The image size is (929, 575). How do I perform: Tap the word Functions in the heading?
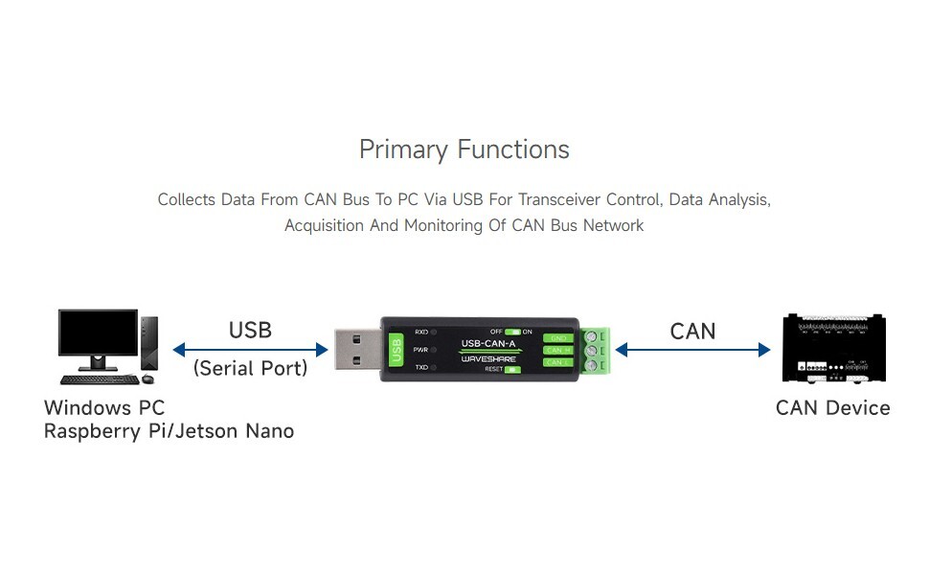pos(513,149)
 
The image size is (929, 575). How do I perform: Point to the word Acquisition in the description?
pos(325,225)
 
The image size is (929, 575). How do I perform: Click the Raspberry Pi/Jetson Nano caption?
pos(169,431)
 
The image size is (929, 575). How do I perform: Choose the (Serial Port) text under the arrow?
pos(250,368)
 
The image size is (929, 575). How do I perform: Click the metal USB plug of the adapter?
pos(355,349)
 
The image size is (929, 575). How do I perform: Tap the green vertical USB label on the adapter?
pos(396,349)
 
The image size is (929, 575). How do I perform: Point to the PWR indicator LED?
pos(434,350)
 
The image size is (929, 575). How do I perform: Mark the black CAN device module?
pos(831,349)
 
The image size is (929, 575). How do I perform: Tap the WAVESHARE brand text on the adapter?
pos(488,358)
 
